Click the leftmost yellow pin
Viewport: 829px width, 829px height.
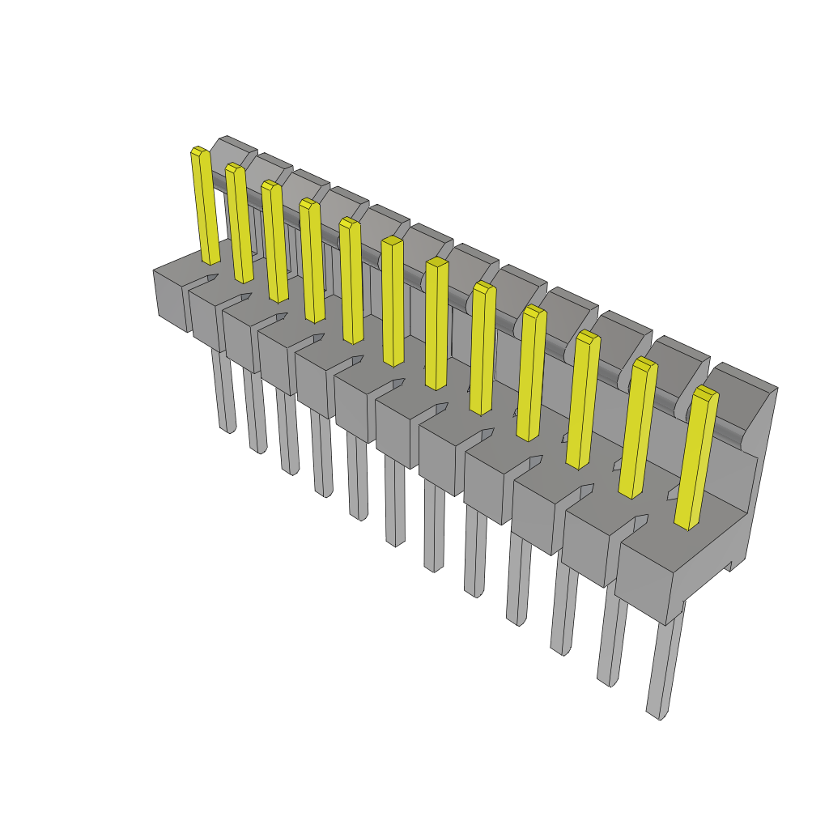click(205, 206)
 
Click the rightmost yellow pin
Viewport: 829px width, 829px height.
click(695, 457)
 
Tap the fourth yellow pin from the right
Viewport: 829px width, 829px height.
click(531, 372)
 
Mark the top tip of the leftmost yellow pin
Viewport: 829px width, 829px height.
click(199, 151)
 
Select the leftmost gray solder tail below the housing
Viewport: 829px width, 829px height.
click(223, 389)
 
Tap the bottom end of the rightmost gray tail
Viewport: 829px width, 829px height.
click(657, 715)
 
